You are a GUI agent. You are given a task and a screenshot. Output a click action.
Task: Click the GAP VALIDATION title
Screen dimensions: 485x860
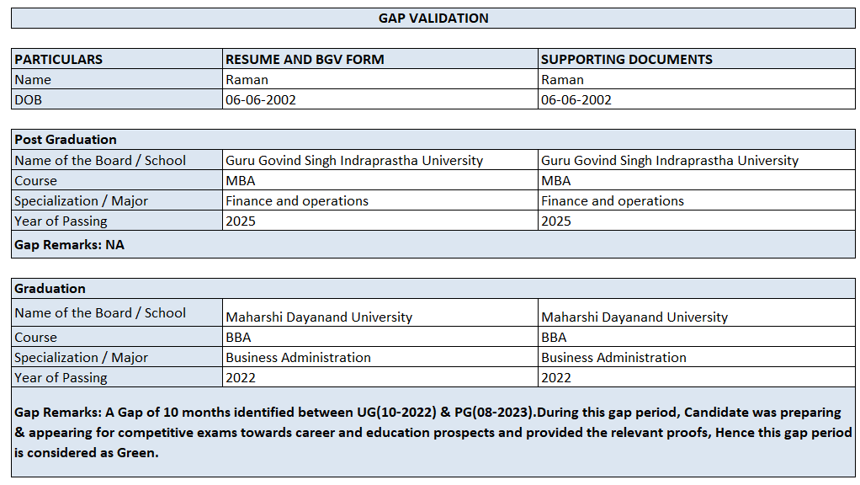[433, 18]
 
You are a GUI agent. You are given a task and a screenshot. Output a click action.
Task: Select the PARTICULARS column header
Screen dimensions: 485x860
[58, 59]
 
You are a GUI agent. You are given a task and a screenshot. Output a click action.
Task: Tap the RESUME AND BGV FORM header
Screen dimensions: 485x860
[305, 59]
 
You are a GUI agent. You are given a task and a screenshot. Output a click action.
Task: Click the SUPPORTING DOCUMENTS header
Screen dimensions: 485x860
[626, 59]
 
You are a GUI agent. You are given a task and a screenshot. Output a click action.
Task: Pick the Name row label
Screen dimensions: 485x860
[33, 79]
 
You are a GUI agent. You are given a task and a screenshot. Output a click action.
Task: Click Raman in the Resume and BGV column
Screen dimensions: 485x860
[247, 79]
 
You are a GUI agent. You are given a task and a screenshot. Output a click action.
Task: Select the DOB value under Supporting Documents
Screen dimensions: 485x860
[576, 99]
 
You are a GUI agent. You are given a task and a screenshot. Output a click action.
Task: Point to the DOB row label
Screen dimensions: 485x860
[28, 99]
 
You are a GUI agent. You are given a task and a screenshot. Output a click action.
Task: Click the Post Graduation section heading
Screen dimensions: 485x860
[66, 139]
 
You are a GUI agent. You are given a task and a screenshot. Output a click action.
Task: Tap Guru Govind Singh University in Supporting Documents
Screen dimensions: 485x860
[669, 160]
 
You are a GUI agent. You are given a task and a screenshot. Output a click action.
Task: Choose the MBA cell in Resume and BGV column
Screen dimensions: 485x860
[240, 180]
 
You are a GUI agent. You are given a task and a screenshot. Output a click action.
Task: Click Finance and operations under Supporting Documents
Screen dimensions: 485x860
[612, 200]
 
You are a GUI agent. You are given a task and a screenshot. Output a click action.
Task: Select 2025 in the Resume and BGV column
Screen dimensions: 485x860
[241, 221]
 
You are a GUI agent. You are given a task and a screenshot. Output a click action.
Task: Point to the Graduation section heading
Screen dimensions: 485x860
[50, 288]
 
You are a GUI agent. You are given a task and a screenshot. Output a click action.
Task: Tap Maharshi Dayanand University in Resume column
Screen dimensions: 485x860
[319, 317]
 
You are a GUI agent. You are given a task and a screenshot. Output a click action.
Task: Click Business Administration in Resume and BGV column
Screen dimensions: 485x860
[298, 357]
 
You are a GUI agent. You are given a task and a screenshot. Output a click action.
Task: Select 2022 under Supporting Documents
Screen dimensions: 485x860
[556, 377]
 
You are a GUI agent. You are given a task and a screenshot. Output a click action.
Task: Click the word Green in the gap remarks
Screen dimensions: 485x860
[138, 452]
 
